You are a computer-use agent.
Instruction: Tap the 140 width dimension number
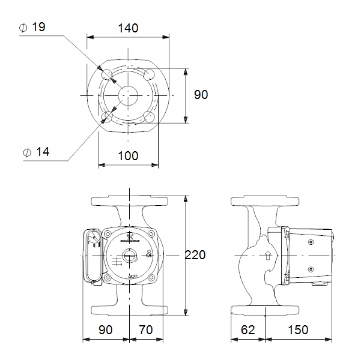pyautogui.click(x=128, y=28)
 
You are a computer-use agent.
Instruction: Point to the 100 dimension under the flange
pyautogui.click(x=128, y=156)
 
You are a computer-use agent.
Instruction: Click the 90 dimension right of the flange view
pyautogui.click(x=201, y=95)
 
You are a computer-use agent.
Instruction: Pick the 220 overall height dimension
pyautogui.click(x=195, y=255)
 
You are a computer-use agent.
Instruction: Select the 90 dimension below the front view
pyautogui.click(x=106, y=330)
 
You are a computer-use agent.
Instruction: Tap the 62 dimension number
pyautogui.click(x=248, y=330)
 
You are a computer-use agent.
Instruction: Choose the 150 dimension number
pyautogui.click(x=298, y=330)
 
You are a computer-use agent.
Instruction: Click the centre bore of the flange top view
pyautogui.click(x=128, y=95)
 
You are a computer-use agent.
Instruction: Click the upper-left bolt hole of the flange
pyautogui.click(x=107, y=74)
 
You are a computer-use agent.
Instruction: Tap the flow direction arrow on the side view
pyautogui.click(x=267, y=256)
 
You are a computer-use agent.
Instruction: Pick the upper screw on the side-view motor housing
pyautogui.click(x=311, y=242)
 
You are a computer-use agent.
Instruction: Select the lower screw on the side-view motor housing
pyautogui.click(x=311, y=269)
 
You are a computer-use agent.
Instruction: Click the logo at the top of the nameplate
pyautogui.click(x=128, y=235)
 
